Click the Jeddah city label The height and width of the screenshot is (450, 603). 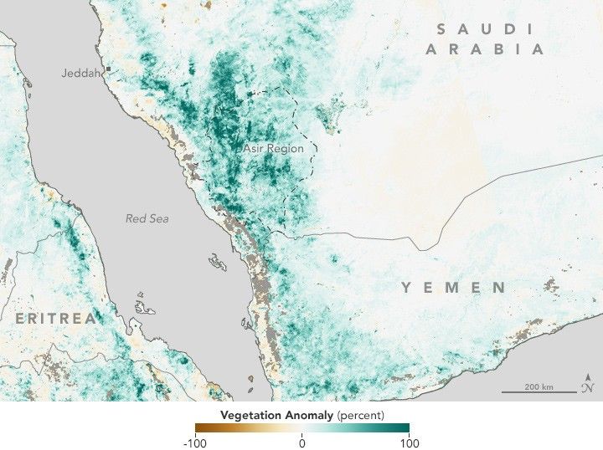[80, 73]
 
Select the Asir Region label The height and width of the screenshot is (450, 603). [273, 148]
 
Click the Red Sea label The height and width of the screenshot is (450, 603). [147, 218]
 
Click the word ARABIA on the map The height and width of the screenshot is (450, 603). [484, 49]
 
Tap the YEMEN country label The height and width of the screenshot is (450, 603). [453, 288]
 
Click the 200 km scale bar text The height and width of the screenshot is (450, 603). [539, 386]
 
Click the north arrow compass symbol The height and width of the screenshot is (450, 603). [588, 383]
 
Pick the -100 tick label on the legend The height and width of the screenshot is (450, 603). [194, 443]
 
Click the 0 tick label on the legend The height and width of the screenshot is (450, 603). [301, 443]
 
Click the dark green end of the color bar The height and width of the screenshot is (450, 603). [404, 429]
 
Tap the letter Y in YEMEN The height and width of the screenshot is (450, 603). [406, 288]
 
